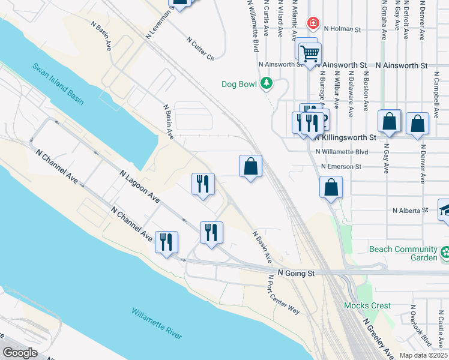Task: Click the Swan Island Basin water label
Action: point(58,85)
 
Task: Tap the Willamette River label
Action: point(157,323)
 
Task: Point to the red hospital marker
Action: point(313,23)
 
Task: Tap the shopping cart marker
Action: point(310,54)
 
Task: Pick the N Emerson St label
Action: point(341,166)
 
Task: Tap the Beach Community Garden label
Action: point(403,253)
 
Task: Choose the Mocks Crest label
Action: point(367,305)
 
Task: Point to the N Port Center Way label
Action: point(285,295)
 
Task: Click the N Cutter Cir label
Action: point(200,49)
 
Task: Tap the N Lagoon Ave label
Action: point(139,186)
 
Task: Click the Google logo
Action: point(20,353)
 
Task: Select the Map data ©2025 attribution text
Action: point(423,355)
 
